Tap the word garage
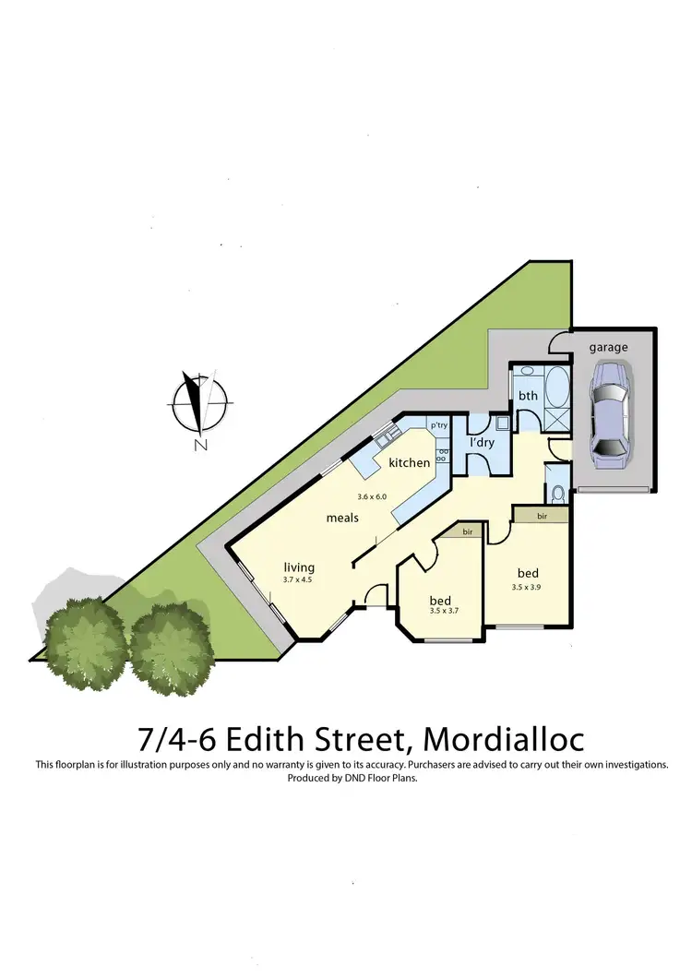coord(609,348)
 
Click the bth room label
coord(528,396)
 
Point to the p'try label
coord(438,425)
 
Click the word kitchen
coord(409,462)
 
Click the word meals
coord(342,518)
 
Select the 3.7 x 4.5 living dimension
coord(298,579)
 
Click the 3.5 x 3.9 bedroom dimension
coord(528,586)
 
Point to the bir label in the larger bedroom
coord(542,517)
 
